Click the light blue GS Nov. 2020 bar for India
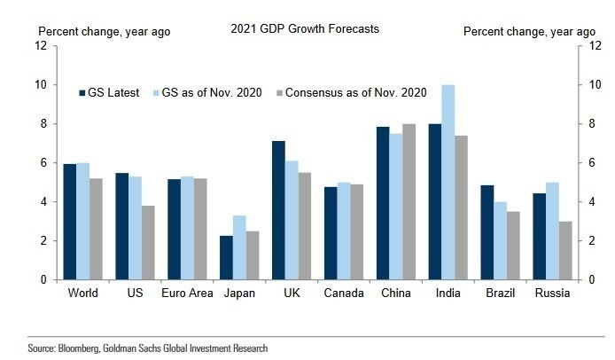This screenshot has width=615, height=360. click(x=448, y=182)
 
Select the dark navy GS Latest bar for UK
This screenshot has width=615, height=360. click(x=278, y=210)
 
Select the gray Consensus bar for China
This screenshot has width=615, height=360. click(x=409, y=201)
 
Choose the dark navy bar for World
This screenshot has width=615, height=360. click(x=69, y=222)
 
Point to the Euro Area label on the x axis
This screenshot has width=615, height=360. click(x=187, y=293)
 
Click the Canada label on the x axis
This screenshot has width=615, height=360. click(x=341, y=293)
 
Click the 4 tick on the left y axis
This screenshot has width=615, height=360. click(x=43, y=201)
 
